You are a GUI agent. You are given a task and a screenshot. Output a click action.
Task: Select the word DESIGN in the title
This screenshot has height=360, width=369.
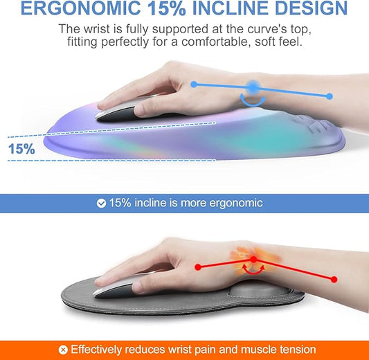tap(312, 9)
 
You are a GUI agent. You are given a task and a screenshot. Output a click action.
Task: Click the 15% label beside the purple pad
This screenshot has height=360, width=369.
tap(21, 149)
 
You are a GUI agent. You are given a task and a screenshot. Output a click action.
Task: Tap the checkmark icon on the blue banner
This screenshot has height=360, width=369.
tap(102, 204)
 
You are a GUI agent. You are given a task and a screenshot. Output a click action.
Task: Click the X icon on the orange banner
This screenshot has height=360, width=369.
tap(63, 350)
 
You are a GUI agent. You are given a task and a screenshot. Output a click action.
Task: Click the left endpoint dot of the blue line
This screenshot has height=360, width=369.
tap(194, 84)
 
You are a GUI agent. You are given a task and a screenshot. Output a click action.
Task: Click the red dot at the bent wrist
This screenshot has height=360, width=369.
tap(253, 260)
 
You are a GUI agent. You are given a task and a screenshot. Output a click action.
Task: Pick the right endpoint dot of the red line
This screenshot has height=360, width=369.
tap(334, 279)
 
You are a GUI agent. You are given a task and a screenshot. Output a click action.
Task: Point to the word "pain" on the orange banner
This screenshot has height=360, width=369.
tap(210, 350)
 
